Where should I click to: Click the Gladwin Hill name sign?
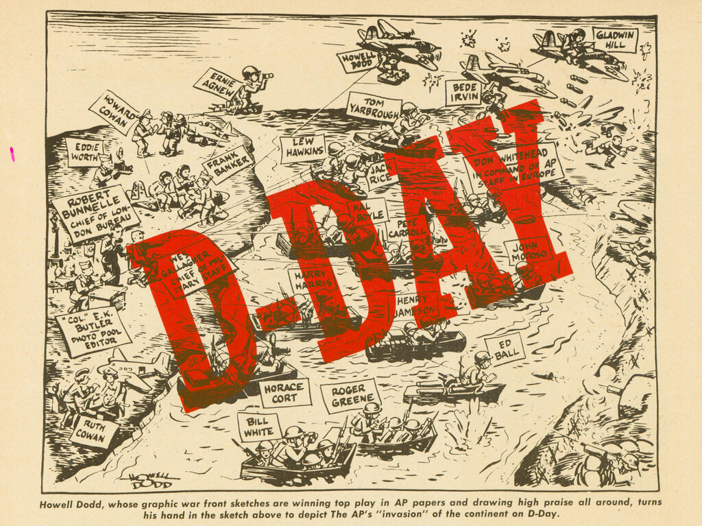(x=615, y=40)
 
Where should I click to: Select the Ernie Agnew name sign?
(x=217, y=82)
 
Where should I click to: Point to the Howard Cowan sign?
(x=114, y=112)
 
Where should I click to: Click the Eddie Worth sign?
(x=84, y=152)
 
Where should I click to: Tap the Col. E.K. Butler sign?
(x=92, y=332)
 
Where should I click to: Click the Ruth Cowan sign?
(x=94, y=431)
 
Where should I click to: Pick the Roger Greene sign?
(x=350, y=396)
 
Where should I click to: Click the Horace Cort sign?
(x=285, y=393)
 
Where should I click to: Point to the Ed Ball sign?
(x=505, y=348)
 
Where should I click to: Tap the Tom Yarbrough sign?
(x=373, y=106)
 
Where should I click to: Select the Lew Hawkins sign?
(x=302, y=148)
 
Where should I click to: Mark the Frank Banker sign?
(x=228, y=165)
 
